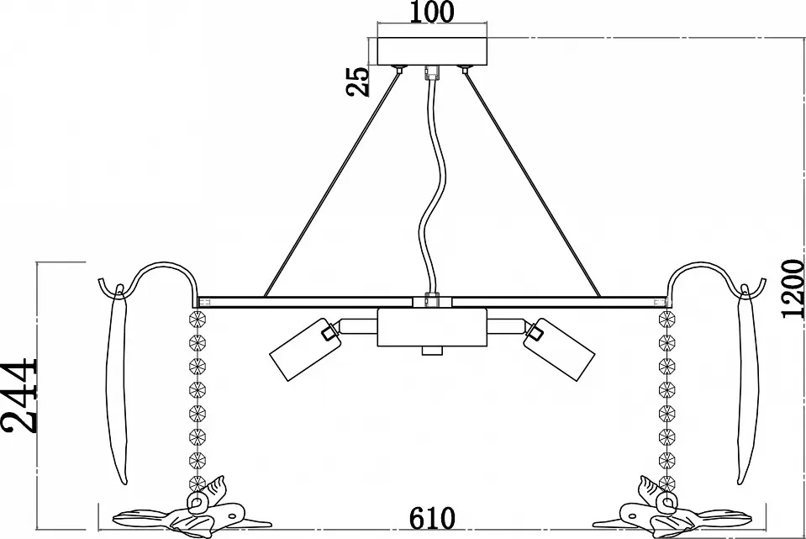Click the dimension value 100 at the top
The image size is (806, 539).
[x=432, y=12]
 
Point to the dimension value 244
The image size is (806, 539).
[x=19, y=396]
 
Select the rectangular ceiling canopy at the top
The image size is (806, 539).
[x=432, y=51]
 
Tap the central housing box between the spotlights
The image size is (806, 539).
[x=432, y=327]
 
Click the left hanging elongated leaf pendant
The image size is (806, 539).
[x=116, y=383]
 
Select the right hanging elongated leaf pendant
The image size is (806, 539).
[x=748, y=383]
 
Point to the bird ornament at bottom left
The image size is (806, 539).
[x=192, y=512]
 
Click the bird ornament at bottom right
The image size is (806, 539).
[x=671, y=512]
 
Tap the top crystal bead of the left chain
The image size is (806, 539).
[x=198, y=319]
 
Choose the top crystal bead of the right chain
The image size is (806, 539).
[x=666, y=319]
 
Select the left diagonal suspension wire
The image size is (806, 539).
[x=331, y=183]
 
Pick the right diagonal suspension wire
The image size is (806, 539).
[x=532, y=183]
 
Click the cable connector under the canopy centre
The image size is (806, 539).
[x=432, y=73]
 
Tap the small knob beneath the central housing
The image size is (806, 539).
[x=432, y=351]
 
